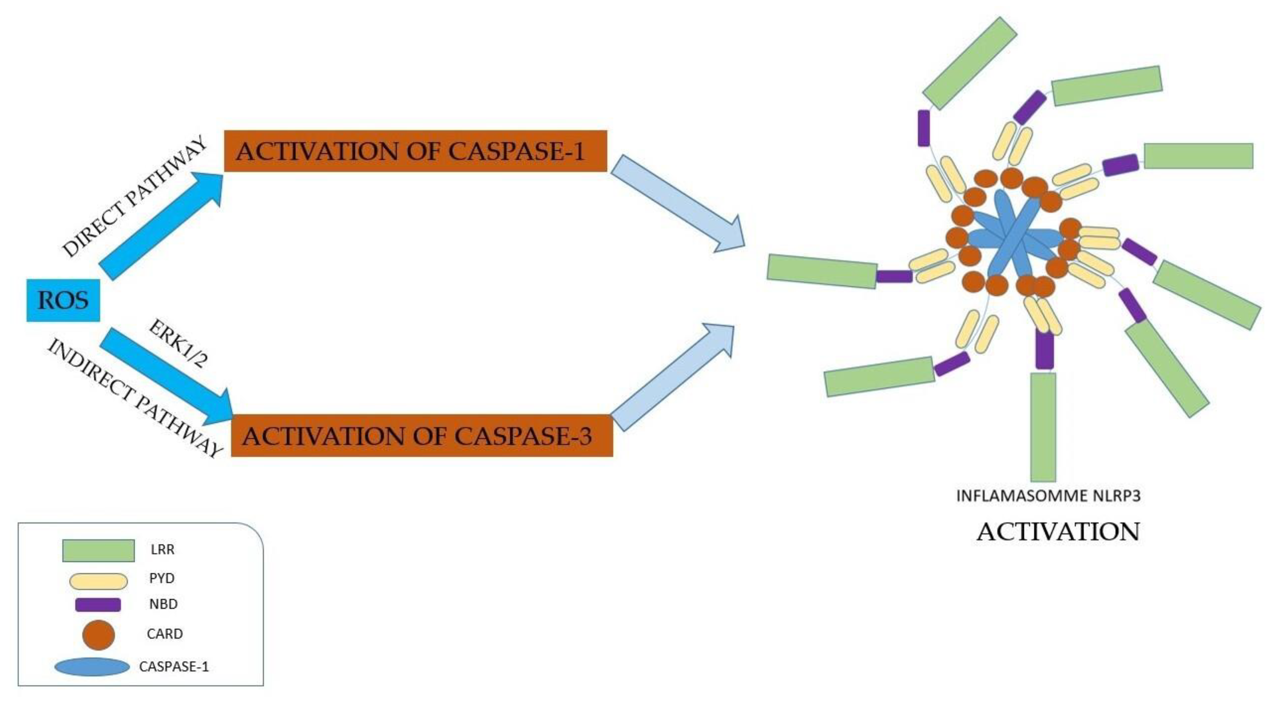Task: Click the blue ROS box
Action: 63,300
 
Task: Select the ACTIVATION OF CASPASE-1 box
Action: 415,151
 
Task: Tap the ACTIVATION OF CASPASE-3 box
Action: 421,435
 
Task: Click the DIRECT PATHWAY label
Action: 134,196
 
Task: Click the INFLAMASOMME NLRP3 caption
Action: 1048,496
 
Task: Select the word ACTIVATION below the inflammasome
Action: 1058,532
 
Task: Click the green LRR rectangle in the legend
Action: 98,550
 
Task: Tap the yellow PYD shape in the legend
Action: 98,581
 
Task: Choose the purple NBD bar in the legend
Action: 98,604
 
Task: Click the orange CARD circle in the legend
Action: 98,635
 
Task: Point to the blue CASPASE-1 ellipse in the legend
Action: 92,667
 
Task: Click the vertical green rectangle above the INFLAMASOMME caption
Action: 1043,426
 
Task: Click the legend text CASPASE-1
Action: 174,666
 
